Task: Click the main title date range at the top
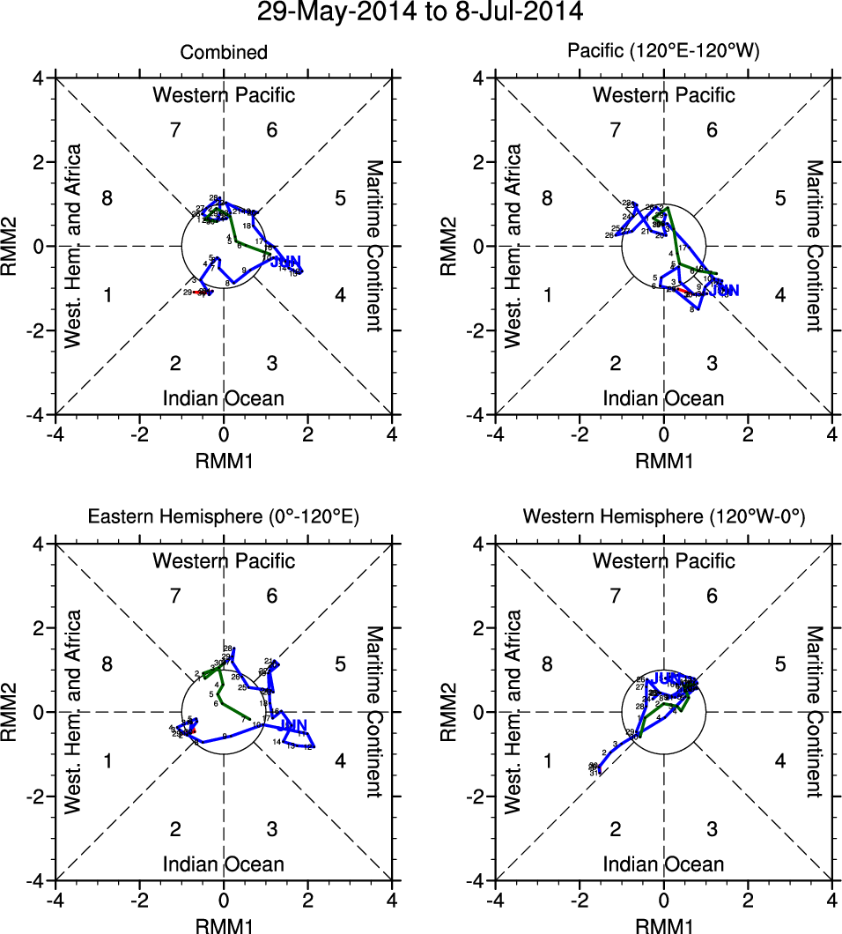(420, 12)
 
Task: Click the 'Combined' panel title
(224, 53)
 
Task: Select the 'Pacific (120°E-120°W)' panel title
(663, 53)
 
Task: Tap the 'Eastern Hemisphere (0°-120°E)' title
(224, 518)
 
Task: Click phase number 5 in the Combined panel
(340, 197)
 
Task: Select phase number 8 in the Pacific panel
(547, 198)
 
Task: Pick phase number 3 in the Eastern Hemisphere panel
(272, 828)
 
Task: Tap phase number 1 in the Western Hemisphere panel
(547, 760)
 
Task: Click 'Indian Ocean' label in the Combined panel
(224, 398)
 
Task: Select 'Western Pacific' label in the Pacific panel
(663, 95)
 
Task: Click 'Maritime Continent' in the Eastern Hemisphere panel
(373, 712)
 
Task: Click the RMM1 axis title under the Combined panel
(224, 459)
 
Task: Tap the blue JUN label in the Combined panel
(284, 262)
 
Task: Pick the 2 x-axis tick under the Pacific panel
(748, 434)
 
